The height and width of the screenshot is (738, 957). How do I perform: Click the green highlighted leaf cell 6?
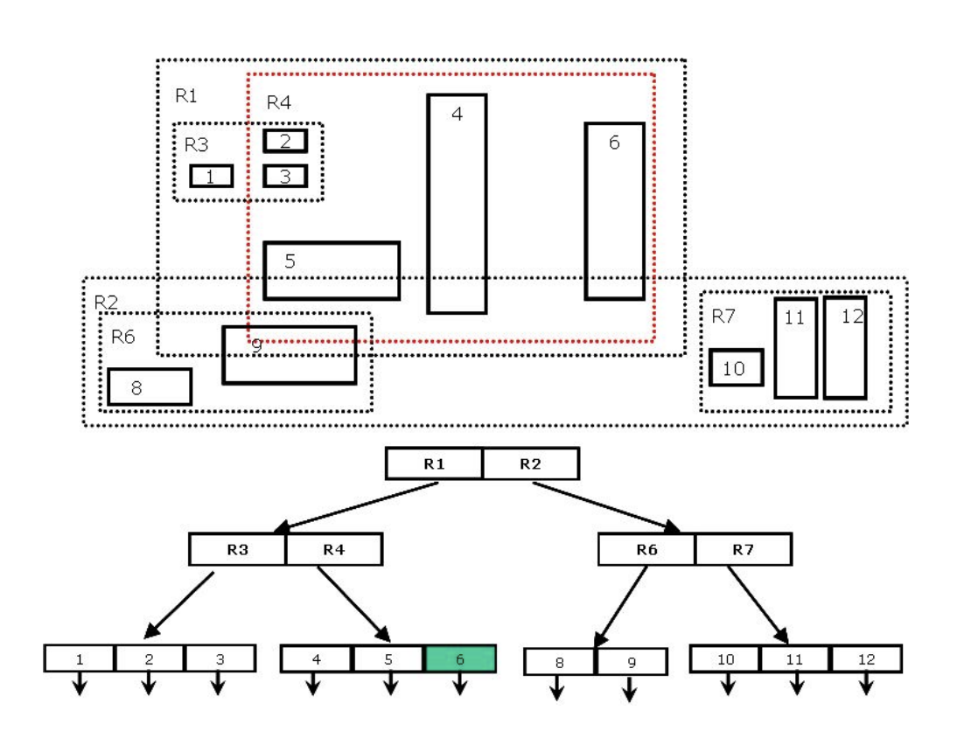point(460,658)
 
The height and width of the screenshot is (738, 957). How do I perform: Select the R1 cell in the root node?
point(434,463)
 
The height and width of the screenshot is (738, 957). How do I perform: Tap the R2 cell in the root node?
point(530,463)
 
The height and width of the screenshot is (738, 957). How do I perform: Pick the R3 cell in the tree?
point(237,549)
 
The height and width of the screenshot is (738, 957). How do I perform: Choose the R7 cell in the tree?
point(743,549)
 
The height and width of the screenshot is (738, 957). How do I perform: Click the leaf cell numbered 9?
point(632,662)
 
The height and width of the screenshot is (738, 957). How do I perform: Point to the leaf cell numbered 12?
point(865,658)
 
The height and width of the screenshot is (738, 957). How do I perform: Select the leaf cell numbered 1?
point(80,658)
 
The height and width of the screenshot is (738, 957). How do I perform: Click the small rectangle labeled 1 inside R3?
point(212,176)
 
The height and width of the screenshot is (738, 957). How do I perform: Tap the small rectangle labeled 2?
point(285,141)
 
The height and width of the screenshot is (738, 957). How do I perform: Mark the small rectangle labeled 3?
point(285,176)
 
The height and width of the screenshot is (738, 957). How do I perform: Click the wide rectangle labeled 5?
point(332,270)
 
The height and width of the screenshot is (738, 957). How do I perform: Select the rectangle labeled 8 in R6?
point(150,386)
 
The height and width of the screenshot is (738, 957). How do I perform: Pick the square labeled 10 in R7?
point(736,367)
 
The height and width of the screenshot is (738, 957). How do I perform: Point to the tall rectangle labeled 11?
point(795,348)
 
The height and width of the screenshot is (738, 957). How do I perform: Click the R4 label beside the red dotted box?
point(278,102)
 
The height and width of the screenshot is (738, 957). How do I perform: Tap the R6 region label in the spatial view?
point(122,338)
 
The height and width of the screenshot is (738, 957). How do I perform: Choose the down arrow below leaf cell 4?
point(314,684)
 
